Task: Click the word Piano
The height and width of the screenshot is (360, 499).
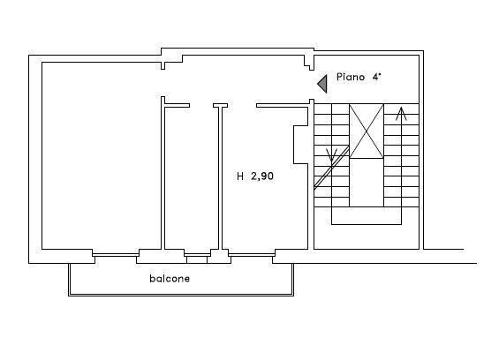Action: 351,77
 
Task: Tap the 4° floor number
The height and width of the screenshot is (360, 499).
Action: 377,77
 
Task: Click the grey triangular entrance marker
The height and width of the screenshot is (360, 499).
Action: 322,84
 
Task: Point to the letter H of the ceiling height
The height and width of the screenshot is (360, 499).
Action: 240,176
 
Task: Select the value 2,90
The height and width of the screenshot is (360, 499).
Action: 262,176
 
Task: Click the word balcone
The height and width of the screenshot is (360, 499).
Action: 170,279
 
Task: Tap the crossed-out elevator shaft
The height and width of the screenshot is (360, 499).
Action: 367,131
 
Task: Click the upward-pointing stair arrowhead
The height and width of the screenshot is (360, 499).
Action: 401,114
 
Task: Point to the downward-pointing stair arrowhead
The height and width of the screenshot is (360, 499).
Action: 332,155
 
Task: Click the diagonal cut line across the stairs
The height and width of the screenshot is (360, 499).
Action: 331,168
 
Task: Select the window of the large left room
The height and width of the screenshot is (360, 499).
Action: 116,255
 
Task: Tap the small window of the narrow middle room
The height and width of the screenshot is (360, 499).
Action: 197,255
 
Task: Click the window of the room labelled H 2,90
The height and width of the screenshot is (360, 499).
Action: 252,255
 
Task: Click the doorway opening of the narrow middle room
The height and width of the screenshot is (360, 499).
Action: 201,106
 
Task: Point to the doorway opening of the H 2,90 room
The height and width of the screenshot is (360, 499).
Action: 242,106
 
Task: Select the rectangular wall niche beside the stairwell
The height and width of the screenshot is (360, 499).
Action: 301,145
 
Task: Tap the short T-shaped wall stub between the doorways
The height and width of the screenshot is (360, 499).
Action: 220,106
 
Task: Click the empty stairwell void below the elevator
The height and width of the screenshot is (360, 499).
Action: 367,183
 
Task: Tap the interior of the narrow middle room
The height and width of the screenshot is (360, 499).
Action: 192,178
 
